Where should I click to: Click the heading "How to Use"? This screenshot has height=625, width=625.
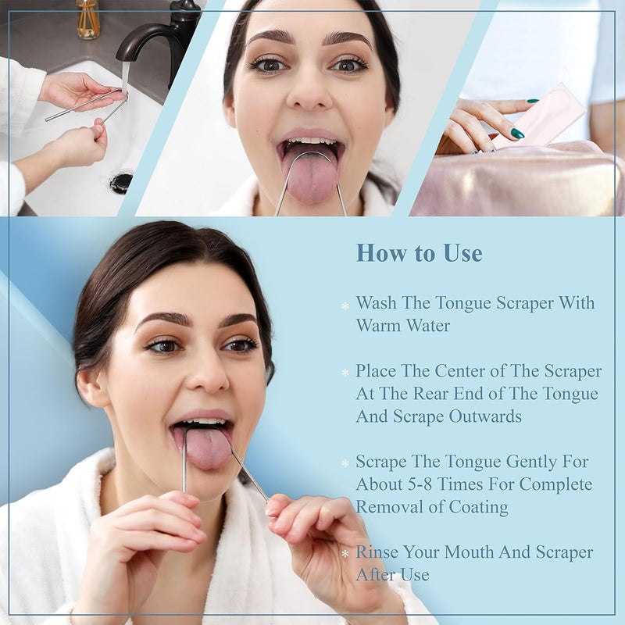click(419, 253)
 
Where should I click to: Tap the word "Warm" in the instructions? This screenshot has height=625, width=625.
click(380, 325)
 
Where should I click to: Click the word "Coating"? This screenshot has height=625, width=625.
click(479, 507)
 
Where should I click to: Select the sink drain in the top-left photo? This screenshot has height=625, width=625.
click(121, 182)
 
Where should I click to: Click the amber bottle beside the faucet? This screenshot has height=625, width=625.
click(88, 19)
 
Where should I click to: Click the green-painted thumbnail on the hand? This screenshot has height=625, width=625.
click(517, 134)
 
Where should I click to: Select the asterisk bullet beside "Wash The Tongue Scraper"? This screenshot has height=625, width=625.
click(345, 305)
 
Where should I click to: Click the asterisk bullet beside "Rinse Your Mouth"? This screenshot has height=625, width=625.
click(345, 555)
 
